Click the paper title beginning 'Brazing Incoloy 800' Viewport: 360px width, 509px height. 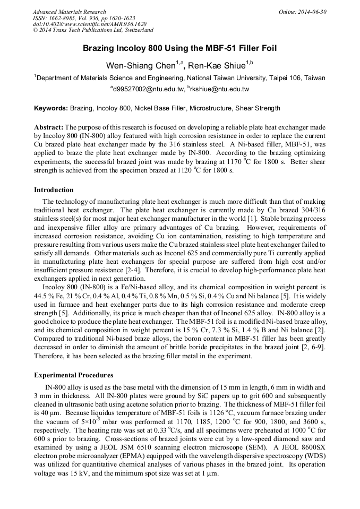(x=179, y=48)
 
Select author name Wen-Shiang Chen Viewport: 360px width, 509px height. (x=145, y=65)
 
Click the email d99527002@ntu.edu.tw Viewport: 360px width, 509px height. (x=148, y=89)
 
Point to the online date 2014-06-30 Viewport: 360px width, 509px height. (x=312, y=12)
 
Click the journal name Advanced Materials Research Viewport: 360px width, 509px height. (x=69, y=12)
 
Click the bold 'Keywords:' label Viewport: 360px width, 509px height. (x=51, y=108)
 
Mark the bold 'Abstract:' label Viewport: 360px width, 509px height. (x=49, y=127)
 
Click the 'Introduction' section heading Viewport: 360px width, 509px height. (x=54, y=190)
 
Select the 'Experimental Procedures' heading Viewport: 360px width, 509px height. (x=73, y=375)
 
